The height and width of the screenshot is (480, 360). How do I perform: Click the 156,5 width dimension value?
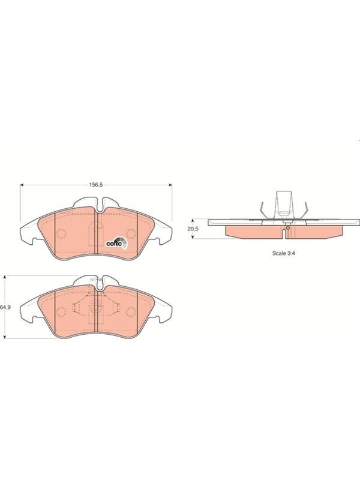click(x=95, y=185)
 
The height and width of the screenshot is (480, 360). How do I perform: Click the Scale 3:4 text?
click(x=284, y=253)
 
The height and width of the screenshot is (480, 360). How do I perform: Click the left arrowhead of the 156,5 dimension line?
click(x=22, y=185)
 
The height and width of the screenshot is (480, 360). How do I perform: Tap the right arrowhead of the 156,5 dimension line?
click(x=170, y=185)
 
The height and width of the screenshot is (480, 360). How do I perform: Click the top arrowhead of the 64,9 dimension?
click(x=5, y=277)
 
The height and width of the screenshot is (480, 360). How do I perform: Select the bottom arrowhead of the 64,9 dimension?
click(x=5, y=337)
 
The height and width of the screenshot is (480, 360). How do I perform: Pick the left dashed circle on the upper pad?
click(x=61, y=234)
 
